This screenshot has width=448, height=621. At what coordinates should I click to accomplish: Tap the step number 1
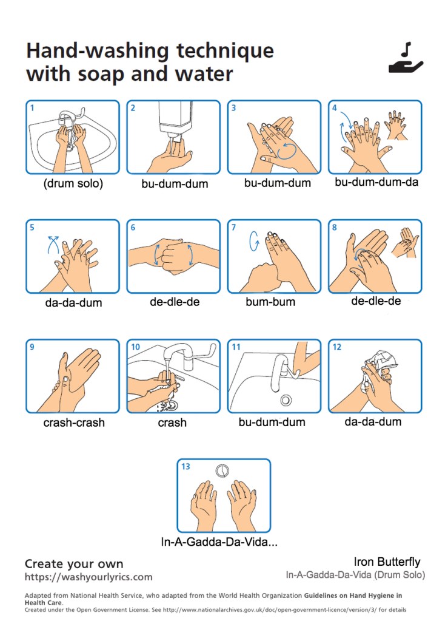[32, 107]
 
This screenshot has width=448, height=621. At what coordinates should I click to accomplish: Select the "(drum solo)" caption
[73, 183]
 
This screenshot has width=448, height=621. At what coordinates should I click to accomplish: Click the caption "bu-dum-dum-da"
[376, 182]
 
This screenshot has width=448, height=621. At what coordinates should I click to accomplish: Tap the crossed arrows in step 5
[53, 244]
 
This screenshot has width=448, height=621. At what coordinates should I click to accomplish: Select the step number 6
[133, 227]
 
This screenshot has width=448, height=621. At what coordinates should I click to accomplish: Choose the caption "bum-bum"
[270, 302]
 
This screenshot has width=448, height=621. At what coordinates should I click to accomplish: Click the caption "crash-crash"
[74, 422]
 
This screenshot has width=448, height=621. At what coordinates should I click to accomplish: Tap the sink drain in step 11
[286, 400]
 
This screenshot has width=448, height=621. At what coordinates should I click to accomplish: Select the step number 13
[186, 467]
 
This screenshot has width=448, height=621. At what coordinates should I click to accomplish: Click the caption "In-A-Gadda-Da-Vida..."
[219, 541]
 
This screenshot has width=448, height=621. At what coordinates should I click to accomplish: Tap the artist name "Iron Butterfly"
[387, 562]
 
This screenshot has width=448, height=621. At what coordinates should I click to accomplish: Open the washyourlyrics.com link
[88, 577]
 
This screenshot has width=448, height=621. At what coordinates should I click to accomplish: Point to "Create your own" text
[74, 563]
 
